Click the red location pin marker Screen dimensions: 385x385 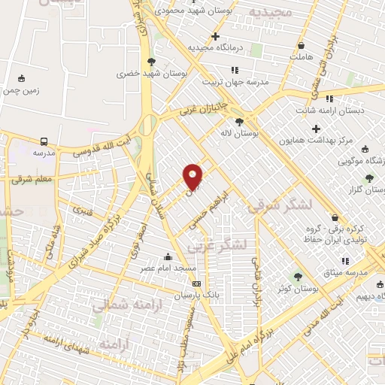193,176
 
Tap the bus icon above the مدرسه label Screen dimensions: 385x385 44,141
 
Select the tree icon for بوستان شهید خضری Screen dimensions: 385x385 152,62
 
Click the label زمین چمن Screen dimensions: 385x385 20,89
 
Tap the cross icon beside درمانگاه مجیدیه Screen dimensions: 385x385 216,36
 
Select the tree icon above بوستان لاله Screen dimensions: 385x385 240,122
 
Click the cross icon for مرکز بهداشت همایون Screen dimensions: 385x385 317,129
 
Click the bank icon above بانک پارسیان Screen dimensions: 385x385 197,284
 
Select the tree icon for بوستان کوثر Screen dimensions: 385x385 298,277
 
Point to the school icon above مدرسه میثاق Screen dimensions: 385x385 345,261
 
